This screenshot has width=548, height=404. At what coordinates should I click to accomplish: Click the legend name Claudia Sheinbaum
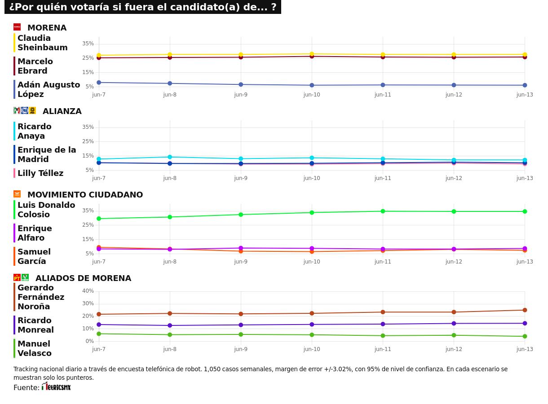click(x=42, y=43)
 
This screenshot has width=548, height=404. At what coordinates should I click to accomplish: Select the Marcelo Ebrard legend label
click(x=35, y=66)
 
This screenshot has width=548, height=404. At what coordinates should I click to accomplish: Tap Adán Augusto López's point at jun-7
click(x=99, y=83)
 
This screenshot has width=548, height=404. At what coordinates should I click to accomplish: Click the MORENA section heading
click(x=47, y=28)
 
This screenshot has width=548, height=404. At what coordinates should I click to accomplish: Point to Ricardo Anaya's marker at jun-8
click(x=170, y=157)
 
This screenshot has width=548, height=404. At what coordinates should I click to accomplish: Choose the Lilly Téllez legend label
click(x=40, y=173)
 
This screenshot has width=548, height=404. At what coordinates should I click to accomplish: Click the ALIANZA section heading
click(x=62, y=111)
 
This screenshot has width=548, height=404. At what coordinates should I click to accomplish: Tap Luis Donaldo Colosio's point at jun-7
click(x=99, y=219)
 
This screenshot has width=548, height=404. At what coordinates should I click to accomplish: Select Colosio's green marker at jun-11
click(x=383, y=211)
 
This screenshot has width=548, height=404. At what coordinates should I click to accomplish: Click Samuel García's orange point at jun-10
click(x=312, y=251)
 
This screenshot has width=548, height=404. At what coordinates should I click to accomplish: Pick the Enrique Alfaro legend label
click(x=35, y=233)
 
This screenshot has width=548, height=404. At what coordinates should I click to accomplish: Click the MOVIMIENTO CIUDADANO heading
click(x=85, y=195)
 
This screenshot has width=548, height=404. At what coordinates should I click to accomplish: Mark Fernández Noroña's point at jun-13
click(x=525, y=310)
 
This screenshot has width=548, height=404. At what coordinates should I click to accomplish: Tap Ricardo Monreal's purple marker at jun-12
click(x=454, y=323)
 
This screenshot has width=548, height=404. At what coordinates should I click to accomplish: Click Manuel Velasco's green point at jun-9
click(x=241, y=334)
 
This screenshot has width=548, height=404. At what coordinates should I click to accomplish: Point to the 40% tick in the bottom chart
click(x=88, y=291)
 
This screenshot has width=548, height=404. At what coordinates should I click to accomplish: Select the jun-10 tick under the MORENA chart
click(x=312, y=95)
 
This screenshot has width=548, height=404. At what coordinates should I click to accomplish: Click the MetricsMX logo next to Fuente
click(x=56, y=386)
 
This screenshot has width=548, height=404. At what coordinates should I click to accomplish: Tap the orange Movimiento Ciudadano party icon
click(x=17, y=194)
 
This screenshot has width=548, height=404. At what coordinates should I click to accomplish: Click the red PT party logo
click(x=17, y=277)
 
